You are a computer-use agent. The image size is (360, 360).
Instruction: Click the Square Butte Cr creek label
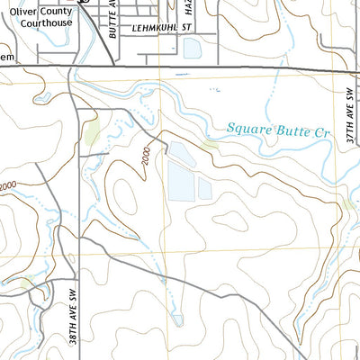(280, 130)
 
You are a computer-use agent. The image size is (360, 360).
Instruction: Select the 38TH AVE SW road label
(73, 310)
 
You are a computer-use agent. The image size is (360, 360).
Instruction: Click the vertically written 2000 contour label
(146, 158)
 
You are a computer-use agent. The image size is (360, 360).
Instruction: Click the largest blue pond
(180, 171)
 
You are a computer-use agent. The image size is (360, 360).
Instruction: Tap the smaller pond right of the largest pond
(205, 188)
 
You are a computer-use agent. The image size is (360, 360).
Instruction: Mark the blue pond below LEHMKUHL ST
(193, 48)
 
